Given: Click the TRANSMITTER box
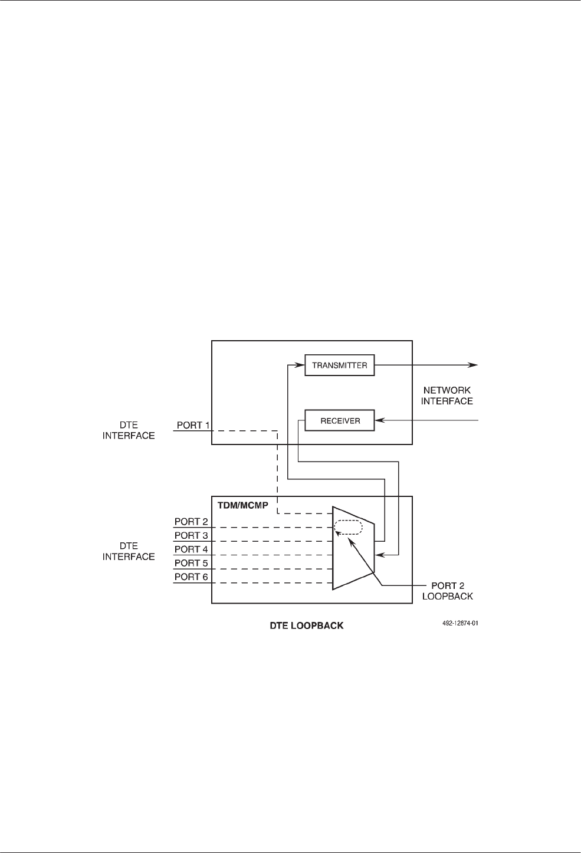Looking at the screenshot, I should tap(339, 365).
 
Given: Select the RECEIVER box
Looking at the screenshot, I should tap(339, 420).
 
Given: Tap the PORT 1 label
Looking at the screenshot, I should tap(193, 425).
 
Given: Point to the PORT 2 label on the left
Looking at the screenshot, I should tap(191, 522).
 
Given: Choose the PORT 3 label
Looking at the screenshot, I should tap(191, 535).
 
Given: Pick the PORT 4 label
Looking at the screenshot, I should tap(191, 549).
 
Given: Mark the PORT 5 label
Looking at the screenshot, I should tap(191, 563).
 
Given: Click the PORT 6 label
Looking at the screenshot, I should tap(191, 577).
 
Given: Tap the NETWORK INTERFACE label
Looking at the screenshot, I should tap(447, 396).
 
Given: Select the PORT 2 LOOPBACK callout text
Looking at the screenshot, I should tap(452, 591).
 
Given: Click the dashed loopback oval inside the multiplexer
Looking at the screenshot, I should tap(348, 527).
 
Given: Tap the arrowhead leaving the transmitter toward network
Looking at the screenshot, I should tap(473, 365).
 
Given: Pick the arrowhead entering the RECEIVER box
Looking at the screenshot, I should tap(380, 420).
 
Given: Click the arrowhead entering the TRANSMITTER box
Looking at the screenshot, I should tap(301, 365).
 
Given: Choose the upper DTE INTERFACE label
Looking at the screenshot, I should tap(129, 430).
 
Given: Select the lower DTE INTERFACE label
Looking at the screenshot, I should tap(129, 551).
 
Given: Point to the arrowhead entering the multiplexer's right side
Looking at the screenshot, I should tap(379, 555).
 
